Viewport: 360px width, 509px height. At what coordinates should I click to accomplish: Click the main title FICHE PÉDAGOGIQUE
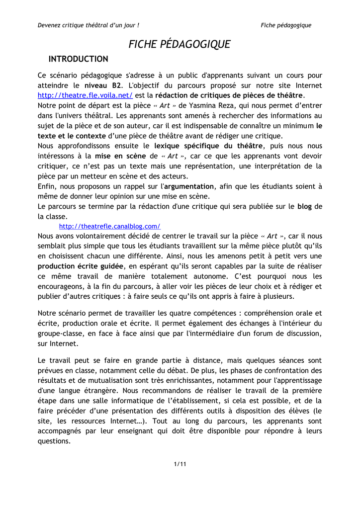180,44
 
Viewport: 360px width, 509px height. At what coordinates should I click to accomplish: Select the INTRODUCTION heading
78,59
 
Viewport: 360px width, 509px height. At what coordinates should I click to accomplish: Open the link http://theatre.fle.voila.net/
85,95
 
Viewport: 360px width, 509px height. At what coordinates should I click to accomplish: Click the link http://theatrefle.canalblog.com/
109,226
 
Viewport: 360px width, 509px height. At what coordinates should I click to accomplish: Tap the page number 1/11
180,464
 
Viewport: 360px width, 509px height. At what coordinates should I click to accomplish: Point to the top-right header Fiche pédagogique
286,25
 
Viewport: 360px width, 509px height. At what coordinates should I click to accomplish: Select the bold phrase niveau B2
103,85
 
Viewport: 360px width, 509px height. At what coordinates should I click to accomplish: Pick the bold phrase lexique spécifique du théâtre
209,146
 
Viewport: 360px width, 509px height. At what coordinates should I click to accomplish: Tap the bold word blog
304,206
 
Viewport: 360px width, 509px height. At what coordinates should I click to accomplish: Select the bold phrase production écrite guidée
80,266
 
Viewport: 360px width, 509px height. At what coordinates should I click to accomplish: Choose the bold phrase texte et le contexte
72,136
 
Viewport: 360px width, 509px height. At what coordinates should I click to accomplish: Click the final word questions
54,441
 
